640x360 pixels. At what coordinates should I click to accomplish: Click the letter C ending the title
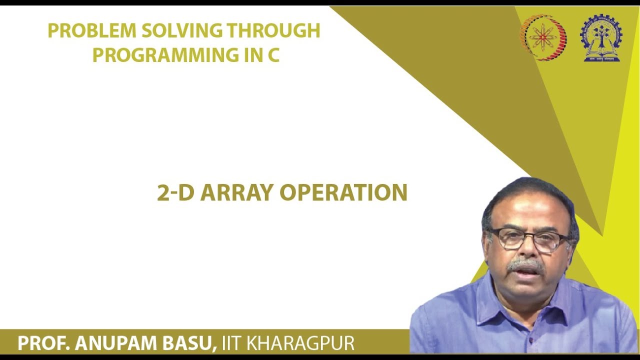[273, 54]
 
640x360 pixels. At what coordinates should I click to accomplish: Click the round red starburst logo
[543, 37]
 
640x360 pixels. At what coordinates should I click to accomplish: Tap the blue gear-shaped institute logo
[600, 37]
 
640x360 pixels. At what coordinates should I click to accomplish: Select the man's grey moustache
[525, 264]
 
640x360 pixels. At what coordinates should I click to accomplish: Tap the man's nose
[527, 250]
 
